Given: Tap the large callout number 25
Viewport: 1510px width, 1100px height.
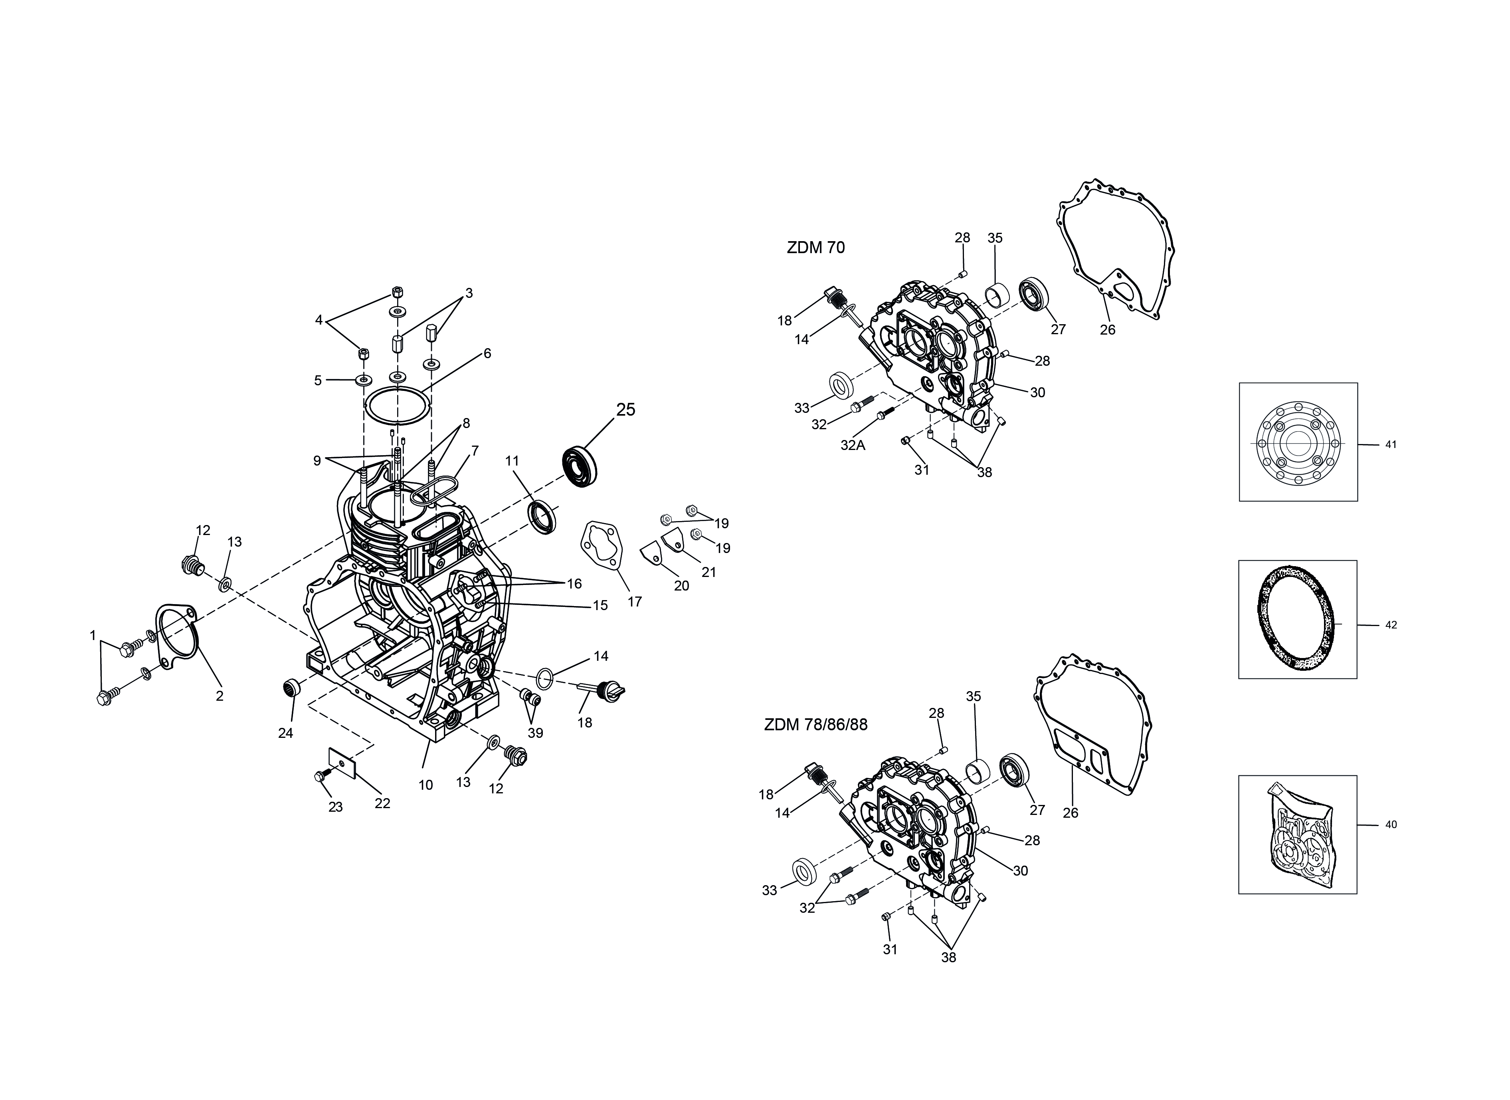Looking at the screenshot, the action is click(626, 410).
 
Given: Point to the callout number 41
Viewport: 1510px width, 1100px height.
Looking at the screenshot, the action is click(1391, 444).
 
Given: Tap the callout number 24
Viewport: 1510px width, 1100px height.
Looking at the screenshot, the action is click(286, 733).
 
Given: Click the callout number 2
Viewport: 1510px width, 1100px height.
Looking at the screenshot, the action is click(220, 696).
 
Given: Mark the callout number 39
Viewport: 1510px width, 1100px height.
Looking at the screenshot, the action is click(535, 733).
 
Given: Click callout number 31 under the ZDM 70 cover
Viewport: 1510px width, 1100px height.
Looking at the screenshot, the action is click(921, 470).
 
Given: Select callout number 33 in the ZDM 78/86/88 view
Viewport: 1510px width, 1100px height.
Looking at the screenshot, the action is click(770, 890).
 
